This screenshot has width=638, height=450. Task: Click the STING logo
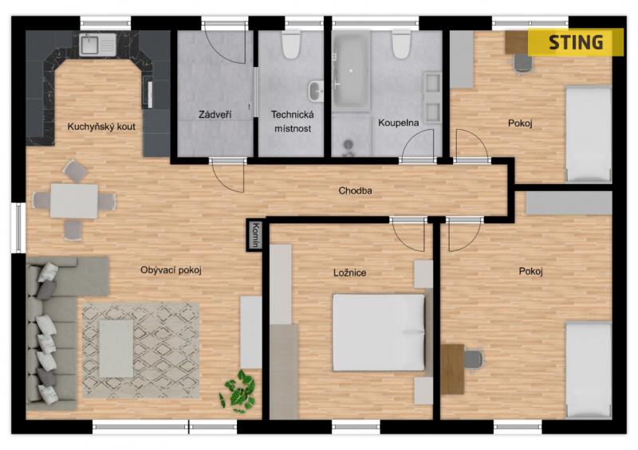(575, 42)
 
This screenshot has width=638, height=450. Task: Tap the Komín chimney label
(255, 235)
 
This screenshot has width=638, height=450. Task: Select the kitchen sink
(97, 45)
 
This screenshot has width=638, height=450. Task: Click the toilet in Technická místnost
(291, 45)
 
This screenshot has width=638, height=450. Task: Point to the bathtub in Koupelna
(351, 72)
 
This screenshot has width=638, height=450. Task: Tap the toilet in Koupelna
(401, 45)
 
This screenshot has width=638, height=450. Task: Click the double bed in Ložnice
(380, 332)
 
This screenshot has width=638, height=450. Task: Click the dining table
(74, 201)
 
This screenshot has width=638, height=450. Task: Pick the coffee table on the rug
(116, 348)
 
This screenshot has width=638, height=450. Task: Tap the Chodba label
(355, 190)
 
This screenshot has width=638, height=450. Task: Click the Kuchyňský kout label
(101, 127)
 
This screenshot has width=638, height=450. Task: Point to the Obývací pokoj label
(171, 270)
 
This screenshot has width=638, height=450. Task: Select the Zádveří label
(215, 114)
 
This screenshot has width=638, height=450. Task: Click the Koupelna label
(398, 123)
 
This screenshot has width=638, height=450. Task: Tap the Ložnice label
(349, 272)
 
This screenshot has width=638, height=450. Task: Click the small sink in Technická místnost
(315, 91)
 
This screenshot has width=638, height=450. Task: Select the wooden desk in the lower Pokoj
(452, 369)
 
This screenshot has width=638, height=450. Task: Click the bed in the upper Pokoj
(589, 134)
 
